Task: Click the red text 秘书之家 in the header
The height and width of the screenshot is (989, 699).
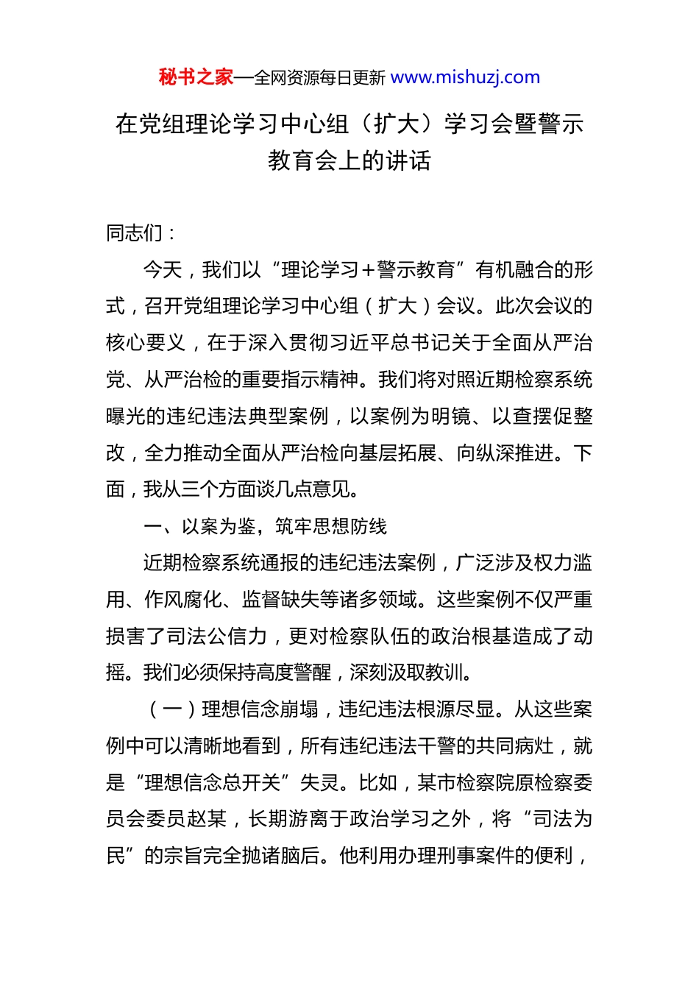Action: point(196,77)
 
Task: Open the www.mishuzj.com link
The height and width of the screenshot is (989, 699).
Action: point(465,77)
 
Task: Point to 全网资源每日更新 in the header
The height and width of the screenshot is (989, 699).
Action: point(319,78)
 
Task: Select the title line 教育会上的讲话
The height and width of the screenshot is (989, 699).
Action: point(349,160)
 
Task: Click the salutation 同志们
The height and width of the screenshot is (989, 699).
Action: point(135,233)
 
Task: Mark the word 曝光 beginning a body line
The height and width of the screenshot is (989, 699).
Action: point(126,416)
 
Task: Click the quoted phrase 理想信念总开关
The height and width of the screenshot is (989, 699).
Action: point(213,782)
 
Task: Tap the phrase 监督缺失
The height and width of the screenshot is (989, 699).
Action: point(280,600)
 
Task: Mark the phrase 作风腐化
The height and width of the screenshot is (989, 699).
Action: point(183,600)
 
